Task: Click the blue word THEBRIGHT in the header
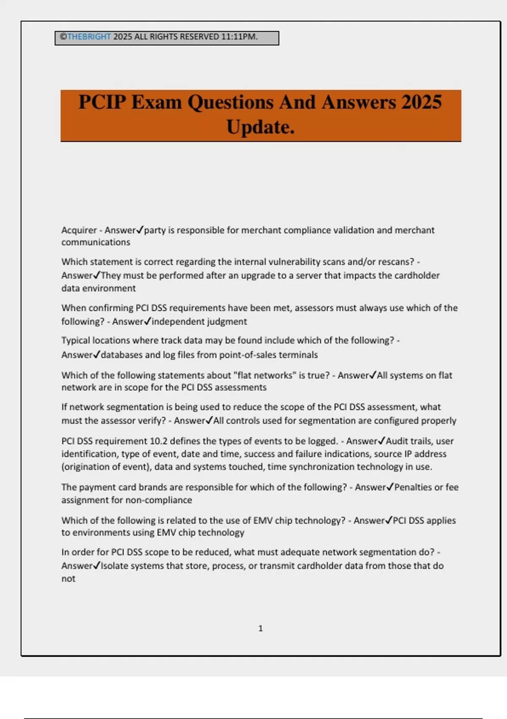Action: [89, 37]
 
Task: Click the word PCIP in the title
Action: [102, 102]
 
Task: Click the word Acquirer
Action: [79, 230]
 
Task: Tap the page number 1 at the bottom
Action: [260, 628]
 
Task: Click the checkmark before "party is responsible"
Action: [140, 230]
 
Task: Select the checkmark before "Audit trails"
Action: [382, 441]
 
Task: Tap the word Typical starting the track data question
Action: [75, 340]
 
